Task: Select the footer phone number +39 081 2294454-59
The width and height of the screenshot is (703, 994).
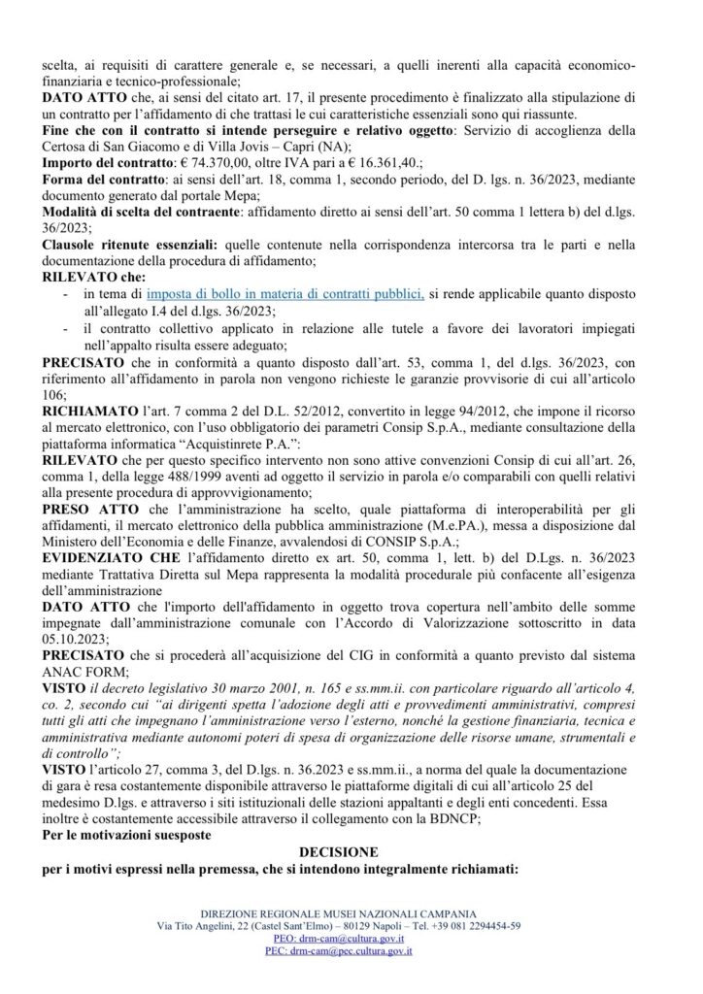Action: pyautogui.click(x=477, y=927)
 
